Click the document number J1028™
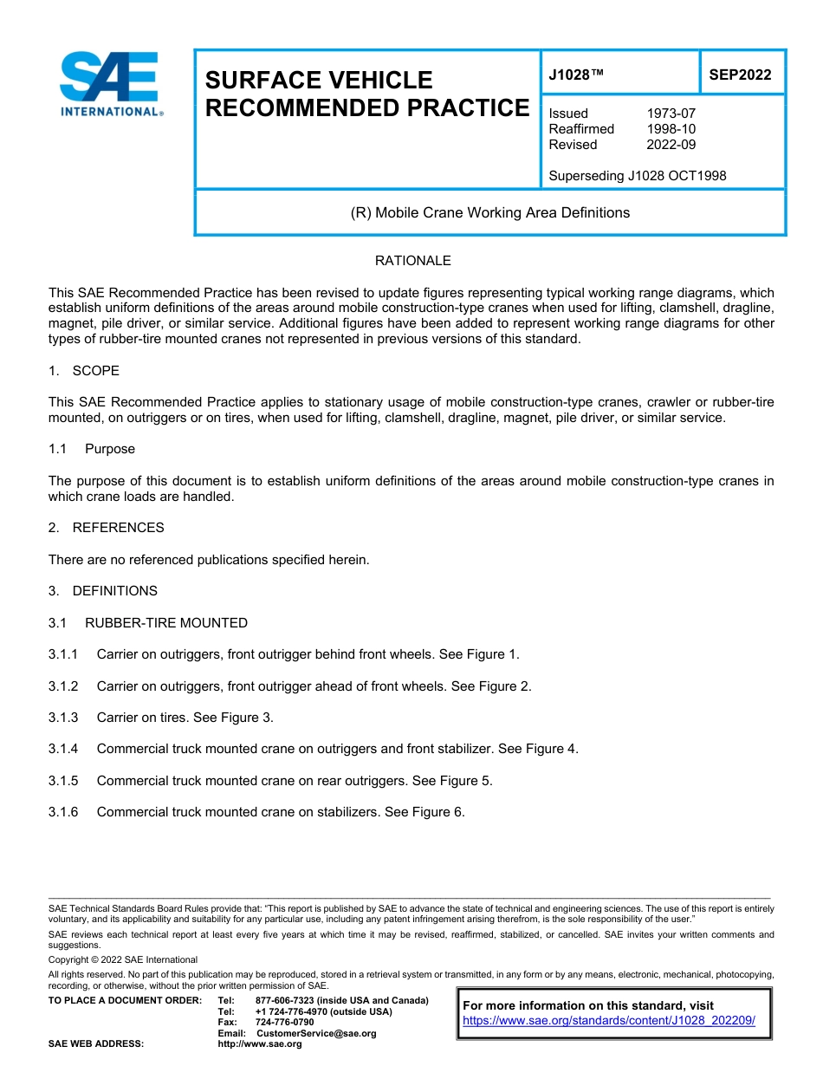point(576,75)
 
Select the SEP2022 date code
point(740,75)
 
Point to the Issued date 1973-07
point(671,114)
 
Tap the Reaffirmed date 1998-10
point(671,129)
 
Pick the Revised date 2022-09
point(671,145)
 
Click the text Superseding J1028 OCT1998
point(637,176)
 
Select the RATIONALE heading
point(412,261)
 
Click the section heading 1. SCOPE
point(84,371)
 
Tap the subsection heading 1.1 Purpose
point(92,449)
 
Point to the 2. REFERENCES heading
point(106,528)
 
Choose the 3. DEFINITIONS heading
point(103,591)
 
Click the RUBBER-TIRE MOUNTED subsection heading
point(165,623)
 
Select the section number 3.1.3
point(63,718)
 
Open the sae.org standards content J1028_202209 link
point(609,1021)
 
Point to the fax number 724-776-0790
point(285,1023)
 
